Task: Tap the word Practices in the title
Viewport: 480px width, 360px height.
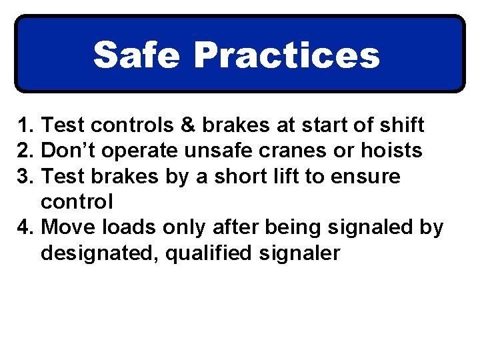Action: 287,55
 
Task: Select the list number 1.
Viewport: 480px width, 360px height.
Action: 25,125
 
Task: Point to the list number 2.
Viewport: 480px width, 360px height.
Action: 25,151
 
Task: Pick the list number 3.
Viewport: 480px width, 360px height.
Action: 25,177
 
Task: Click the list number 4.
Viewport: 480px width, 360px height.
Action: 25,228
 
